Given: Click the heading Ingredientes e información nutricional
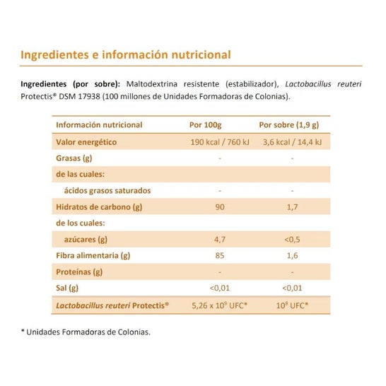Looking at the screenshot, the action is [126, 54].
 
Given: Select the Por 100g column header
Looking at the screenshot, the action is [219, 125].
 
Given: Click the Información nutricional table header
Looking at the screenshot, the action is [98, 125].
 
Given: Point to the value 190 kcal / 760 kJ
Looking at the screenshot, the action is [220, 142].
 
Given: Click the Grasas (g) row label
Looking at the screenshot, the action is [74, 158].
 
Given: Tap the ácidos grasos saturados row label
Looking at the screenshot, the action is [107, 191].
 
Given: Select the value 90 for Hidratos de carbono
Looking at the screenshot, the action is [220, 207].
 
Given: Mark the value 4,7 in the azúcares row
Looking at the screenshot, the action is [220, 240].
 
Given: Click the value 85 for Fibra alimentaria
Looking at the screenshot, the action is [220, 256].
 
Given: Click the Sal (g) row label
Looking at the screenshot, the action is [67, 288].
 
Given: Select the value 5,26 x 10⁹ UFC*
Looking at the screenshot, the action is [220, 305].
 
